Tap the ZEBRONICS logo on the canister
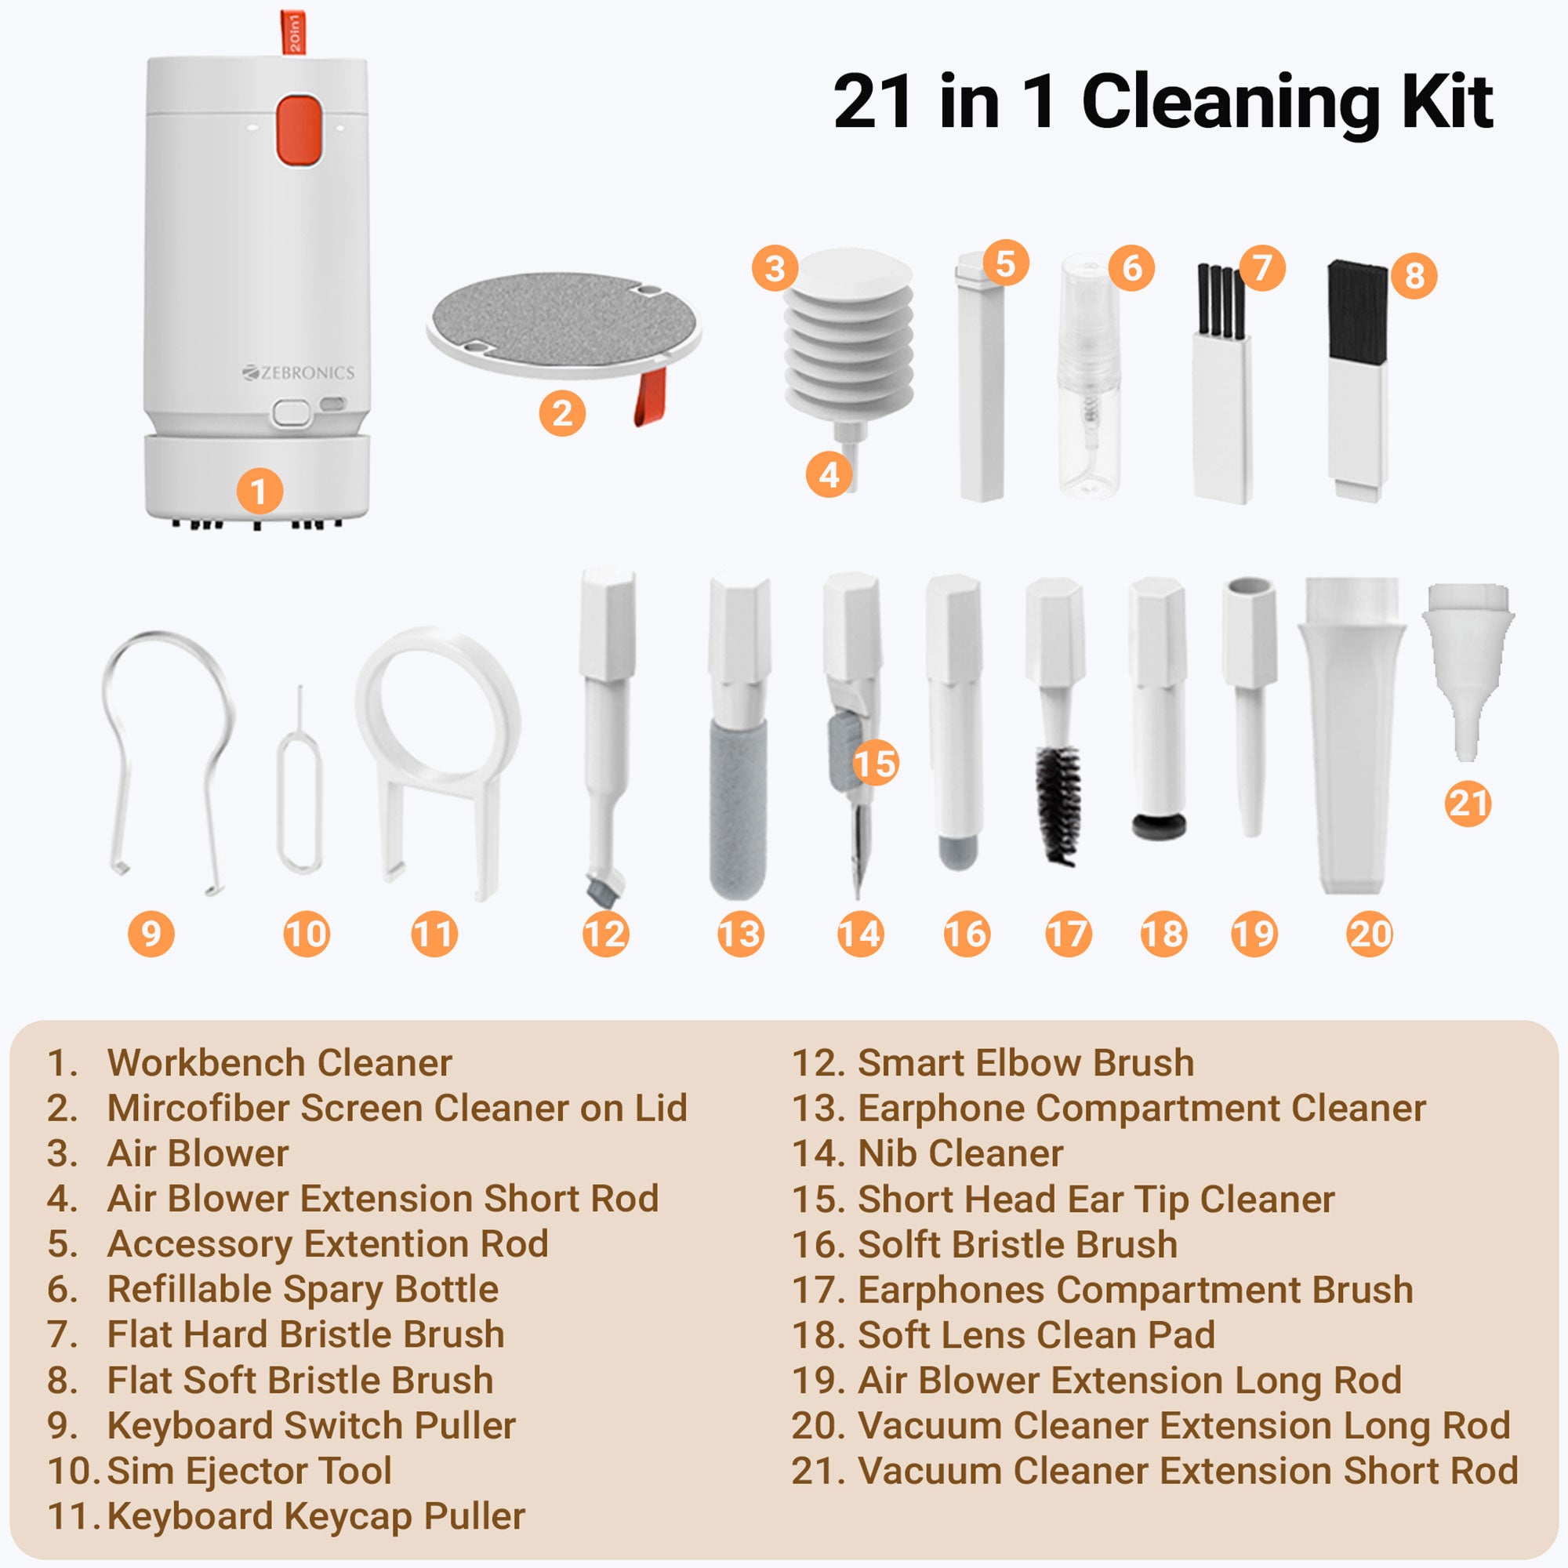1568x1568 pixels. click(298, 372)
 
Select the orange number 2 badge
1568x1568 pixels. click(562, 413)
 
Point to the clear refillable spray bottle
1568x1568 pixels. click(1090, 375)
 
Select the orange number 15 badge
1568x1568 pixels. click(876, 763)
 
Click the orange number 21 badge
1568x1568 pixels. click(1468, 804)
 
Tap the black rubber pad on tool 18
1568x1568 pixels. click(1159, 827)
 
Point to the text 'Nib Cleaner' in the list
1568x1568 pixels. click(960, 1153)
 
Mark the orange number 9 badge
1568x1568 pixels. click(152, 933)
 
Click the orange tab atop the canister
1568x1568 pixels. click(293, 32)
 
